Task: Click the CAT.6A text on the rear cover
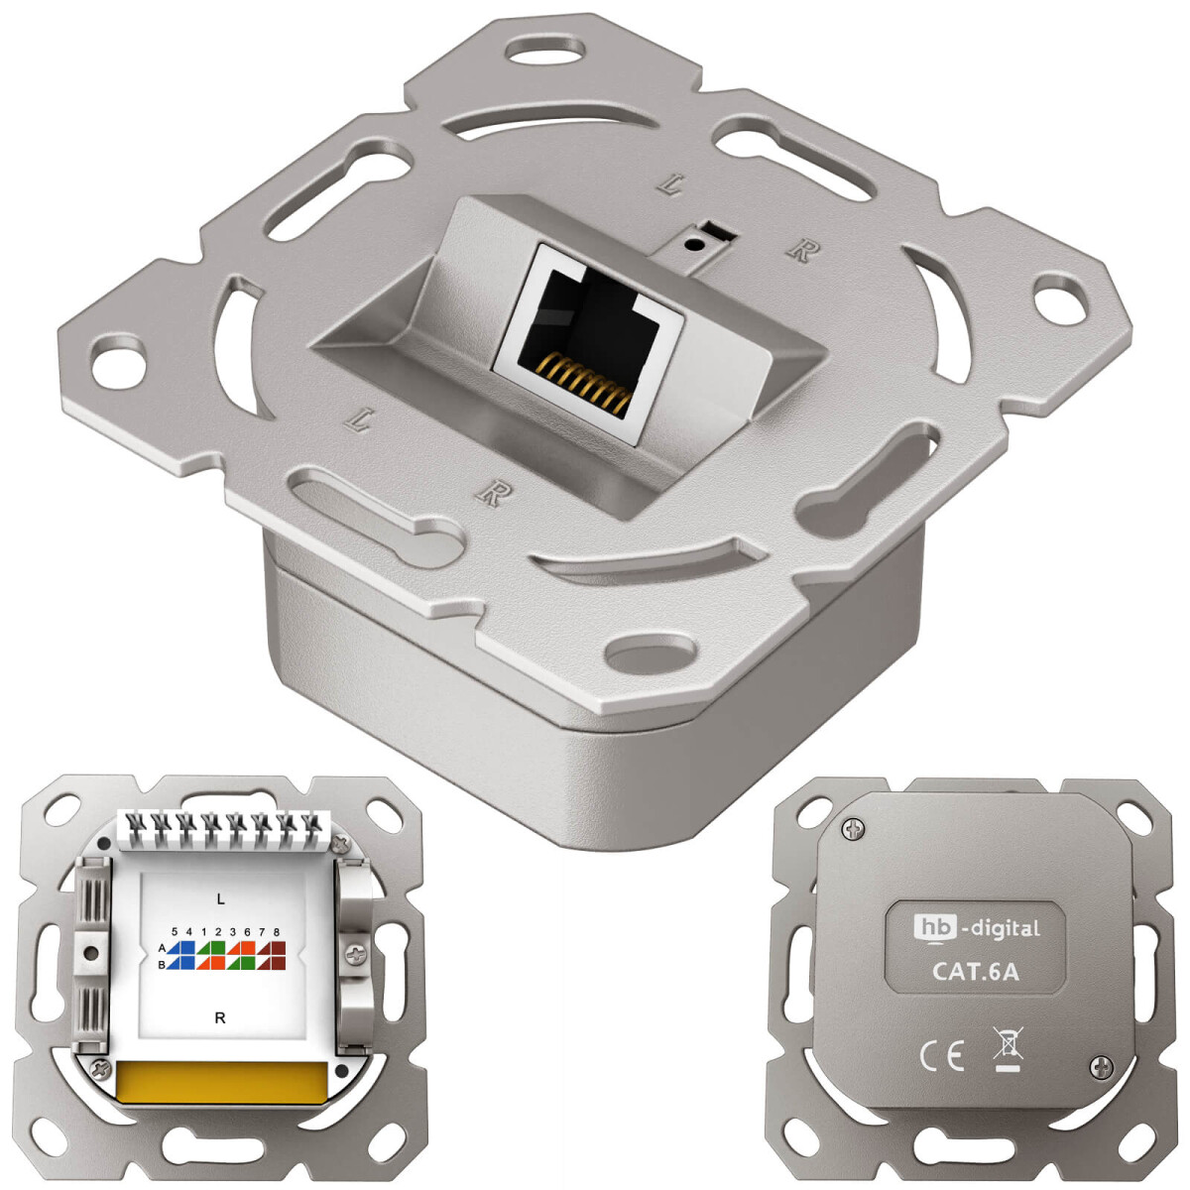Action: pos(975,971)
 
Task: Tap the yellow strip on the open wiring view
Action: pos(219,1081)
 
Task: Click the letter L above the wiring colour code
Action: pos(220,898)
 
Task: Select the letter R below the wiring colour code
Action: pos(220,1017)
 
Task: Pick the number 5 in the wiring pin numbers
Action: pos(175,932)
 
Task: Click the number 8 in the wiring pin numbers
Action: pos(276,932)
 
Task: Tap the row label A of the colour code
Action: pos(161,948)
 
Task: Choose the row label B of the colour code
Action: pos(161,963)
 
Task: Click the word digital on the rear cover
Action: pos(1002,928)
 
